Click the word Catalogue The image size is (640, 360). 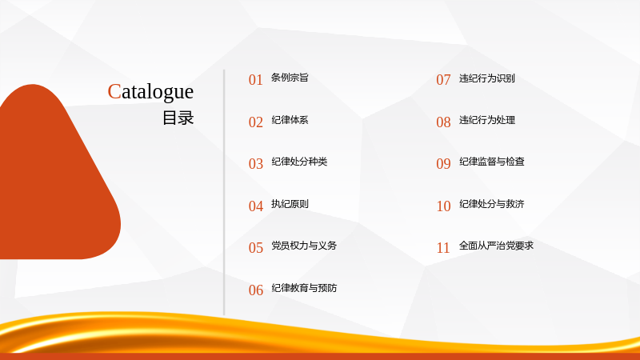click(150, 92)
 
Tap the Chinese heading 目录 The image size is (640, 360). click(178, 118)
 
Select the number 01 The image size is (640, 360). click(256, 79)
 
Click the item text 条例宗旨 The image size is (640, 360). click(290, 78)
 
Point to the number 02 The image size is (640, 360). click(256, 122)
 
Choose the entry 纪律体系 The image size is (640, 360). click(290, 120)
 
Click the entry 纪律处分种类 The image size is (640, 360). click(299, 162)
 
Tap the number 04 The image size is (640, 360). click(256, 206)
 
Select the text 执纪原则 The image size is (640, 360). click(290, 204)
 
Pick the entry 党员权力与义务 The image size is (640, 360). click(304, 246)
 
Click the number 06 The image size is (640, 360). click(256, 290)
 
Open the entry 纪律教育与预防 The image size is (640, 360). click(304, 288)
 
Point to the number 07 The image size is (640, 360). click(444, 79)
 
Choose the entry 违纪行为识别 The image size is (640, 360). click(487, 78)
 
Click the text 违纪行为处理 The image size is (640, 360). click(487, 120)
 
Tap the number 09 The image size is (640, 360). click(444, 164)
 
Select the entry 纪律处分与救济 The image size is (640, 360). click(492, 204)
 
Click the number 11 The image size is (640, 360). click(444, 248)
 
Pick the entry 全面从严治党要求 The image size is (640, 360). click(496, 246)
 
